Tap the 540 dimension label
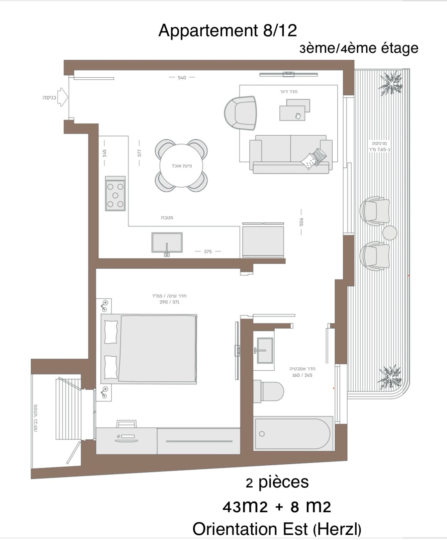pyautogui.click(x=182, y=78)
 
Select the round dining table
pyautogui.click(x=181, y=165)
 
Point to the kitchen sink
pyautogui.click(x=167, y=242)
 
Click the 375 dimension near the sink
pyautogui.click(x=208, y=251)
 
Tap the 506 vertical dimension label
pyautogui.click(x=301, y=222)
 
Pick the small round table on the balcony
pyautogui.click(x=390, y=233)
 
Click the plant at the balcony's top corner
pyautogui.click(x=391, y=83)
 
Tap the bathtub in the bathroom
pyautogui.click(x=292, y=434)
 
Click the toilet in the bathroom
pyautogui.click(x=269, y=391)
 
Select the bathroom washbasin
pyautogui.click(x=265, y=350)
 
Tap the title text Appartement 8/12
pyautogui.click(x=228, y=30)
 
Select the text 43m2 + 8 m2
pyautogui.click(x=277, y=507)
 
